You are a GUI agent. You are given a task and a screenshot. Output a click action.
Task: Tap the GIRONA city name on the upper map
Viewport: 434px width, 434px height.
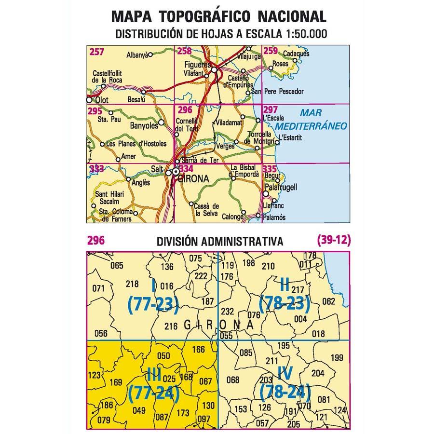(193, 179)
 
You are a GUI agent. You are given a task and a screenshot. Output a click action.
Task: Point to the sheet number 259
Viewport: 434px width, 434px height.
(270, 51)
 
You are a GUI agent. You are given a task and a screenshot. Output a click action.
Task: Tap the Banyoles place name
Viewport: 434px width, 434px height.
(144, 126)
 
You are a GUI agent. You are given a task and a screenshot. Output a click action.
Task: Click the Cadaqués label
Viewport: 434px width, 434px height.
(296, 54)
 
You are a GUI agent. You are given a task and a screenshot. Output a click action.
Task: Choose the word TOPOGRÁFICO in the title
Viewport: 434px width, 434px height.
(204, 16)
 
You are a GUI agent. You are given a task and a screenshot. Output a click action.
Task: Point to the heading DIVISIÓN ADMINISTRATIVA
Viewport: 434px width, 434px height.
(219, 241)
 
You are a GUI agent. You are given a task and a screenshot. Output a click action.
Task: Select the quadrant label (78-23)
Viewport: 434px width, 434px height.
(284, 304)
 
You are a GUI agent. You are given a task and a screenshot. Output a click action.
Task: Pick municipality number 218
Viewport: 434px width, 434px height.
(132, 284)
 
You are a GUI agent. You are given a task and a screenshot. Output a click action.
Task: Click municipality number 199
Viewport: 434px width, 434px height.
(337, 357)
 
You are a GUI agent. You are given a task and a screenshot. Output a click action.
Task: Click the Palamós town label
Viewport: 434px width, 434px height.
(275, 217)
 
